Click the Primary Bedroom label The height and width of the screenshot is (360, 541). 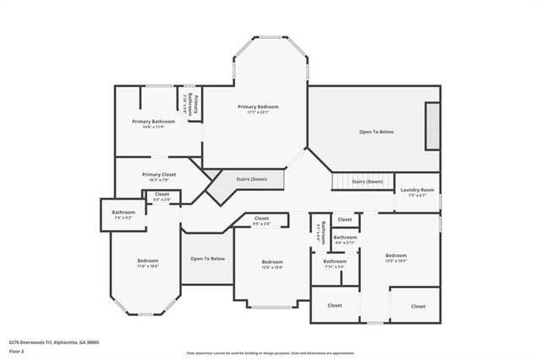[x=258, y=106]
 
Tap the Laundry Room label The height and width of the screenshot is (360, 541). [x=417, y=189]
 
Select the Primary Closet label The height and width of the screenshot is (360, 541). [x=159, y=174]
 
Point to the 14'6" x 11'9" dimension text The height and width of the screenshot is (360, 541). [x=153, y=128]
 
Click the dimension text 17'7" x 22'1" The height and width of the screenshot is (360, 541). [x=258, y=112]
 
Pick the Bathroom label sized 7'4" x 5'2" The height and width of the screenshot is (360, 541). [x=123, y=211]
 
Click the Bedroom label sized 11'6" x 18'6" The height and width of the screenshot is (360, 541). [x=148, y=260]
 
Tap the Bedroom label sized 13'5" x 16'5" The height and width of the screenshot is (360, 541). [x=396, y=255]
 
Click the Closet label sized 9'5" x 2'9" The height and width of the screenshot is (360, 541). [x=262, y=218]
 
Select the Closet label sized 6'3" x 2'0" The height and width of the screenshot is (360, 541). [x=161, y=194]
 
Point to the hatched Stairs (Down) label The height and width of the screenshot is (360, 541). [x=252, y=179]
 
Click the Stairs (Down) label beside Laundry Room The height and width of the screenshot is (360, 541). [x=367, y=182]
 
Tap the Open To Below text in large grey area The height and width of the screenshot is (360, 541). [x=377, y=132]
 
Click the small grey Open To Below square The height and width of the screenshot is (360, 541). [x=207, y=259]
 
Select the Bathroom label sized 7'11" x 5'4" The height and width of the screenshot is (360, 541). [x=335, y=262]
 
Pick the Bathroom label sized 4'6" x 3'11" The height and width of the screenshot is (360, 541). [x=345, y=237]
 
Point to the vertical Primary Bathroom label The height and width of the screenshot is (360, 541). [x=196, y=105]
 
